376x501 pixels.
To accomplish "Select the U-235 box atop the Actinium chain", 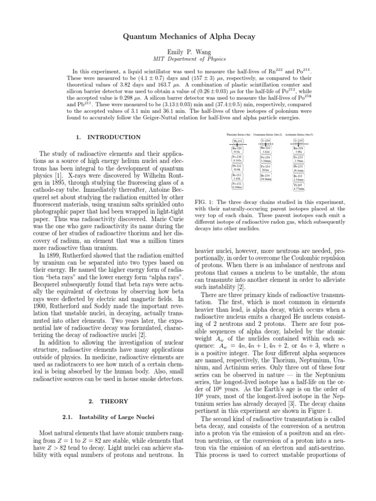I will click(299, 141).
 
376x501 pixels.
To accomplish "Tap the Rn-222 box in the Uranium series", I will click(267, 150).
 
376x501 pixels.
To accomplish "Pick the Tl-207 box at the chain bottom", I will click(299, 186).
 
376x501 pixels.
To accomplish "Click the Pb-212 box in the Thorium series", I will click(237, 168).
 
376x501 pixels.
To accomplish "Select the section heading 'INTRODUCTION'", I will click(113, 137).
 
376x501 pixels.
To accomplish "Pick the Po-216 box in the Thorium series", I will click(237, 159).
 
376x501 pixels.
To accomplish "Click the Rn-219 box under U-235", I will click(299, 150).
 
